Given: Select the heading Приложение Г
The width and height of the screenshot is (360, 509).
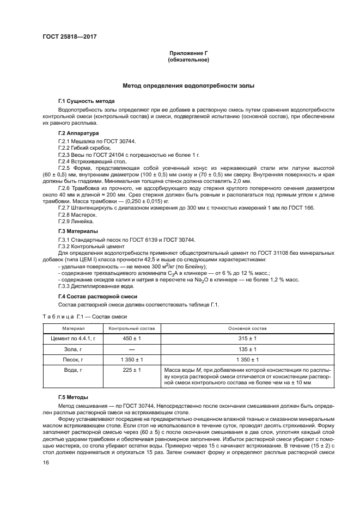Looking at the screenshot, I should [188, 53].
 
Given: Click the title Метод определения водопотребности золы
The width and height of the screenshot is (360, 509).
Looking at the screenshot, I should [188, 86].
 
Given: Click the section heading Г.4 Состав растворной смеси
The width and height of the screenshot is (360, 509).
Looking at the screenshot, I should [97, 296].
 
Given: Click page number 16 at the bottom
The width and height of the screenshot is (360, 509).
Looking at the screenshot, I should [46, 462].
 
